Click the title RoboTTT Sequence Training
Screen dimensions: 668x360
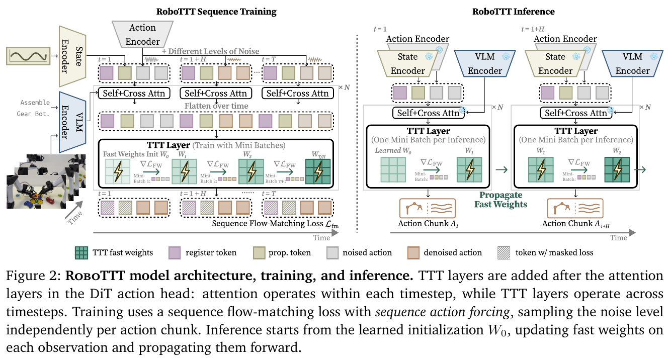(216, 12)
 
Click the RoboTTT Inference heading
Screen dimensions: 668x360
(513, 12)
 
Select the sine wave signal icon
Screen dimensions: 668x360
(28, 56)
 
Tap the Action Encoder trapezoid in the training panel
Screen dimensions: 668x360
(142, 34)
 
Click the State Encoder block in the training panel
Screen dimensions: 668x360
(72, 56)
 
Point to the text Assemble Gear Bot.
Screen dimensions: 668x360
(33, 108)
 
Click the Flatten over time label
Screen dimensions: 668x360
(216, 106)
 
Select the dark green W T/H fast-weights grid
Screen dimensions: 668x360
(318, 171)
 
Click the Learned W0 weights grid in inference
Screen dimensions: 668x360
(393, 169)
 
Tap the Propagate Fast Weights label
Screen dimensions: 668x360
(500, 200)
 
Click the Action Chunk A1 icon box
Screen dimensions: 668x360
(428, 209)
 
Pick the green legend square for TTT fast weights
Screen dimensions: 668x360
(81, 253)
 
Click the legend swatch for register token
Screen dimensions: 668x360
(175, 253)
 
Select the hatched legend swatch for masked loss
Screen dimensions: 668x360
(504, 253)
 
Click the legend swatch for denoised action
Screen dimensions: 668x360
(413, 253)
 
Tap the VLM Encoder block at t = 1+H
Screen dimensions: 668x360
(632, 63)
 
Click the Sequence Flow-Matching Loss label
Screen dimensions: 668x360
(275, 224)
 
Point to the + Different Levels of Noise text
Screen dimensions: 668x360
(210, 51)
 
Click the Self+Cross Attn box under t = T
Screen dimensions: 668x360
(297, 94)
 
